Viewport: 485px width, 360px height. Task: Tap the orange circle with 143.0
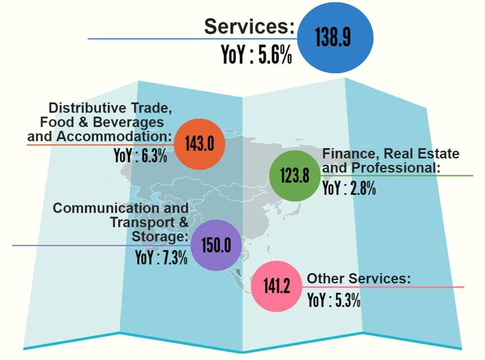[200, 144]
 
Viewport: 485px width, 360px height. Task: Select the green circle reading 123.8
[295, 176]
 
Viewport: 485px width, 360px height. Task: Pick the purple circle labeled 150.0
[216, 246]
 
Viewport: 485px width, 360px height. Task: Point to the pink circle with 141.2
[277, 286]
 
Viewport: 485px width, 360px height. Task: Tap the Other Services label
[358, 278]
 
